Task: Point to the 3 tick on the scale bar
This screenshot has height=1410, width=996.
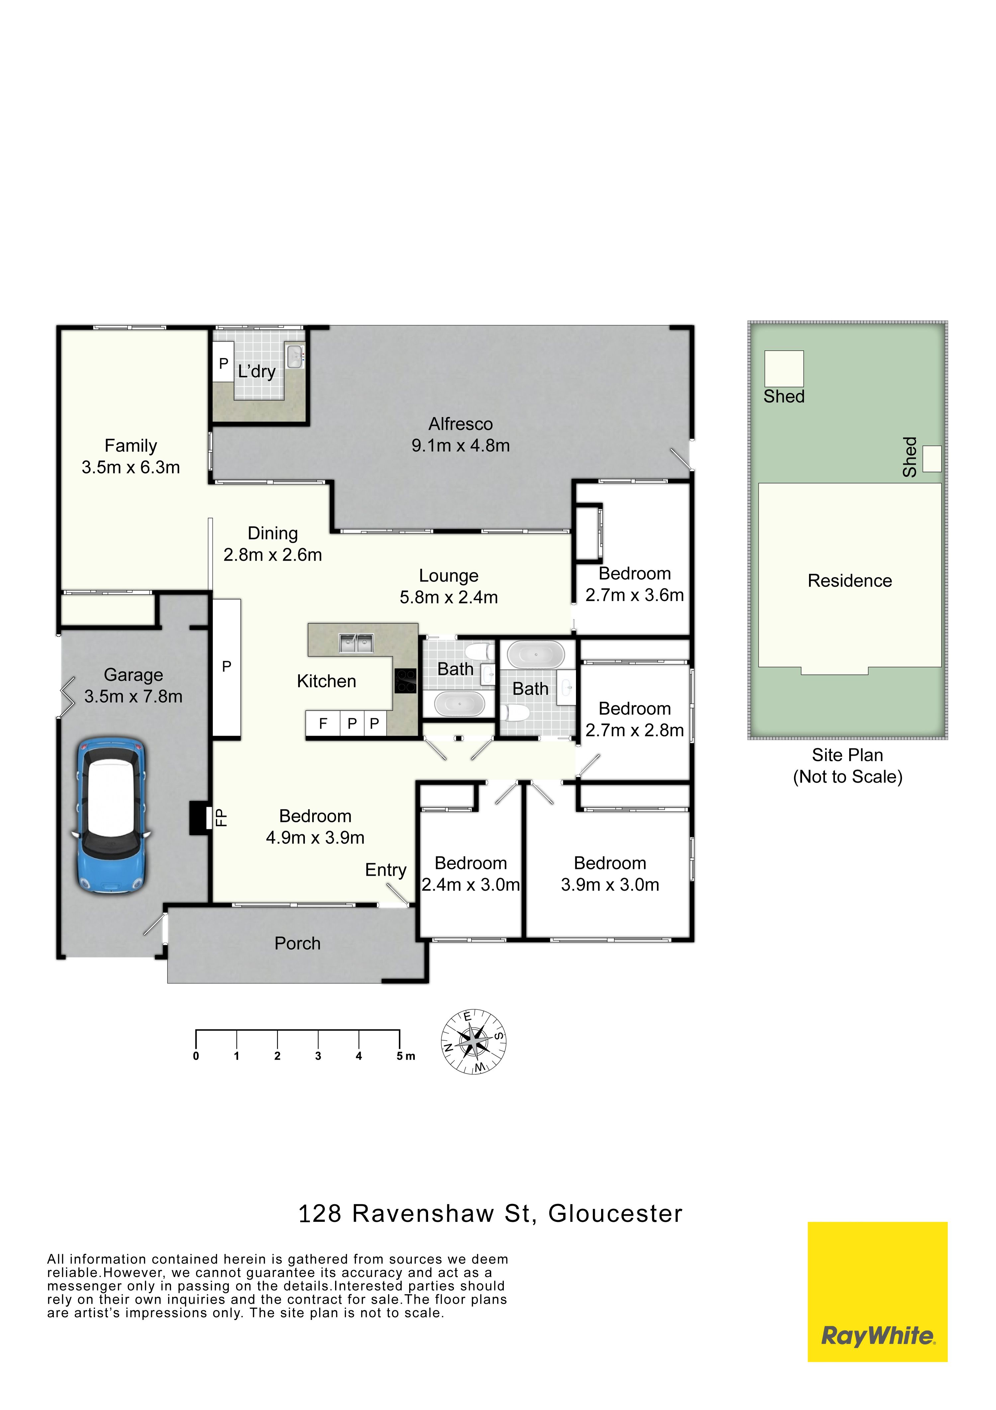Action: (318, 1038)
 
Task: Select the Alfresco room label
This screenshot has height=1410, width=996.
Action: (460, 424)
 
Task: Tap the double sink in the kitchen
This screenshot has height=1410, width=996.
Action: (357, 643)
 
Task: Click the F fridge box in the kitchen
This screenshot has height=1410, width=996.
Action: (323, 723)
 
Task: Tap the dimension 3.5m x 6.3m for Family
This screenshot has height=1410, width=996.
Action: (131, 467)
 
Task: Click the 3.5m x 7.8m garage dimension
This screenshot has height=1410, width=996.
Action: (133, 696)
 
